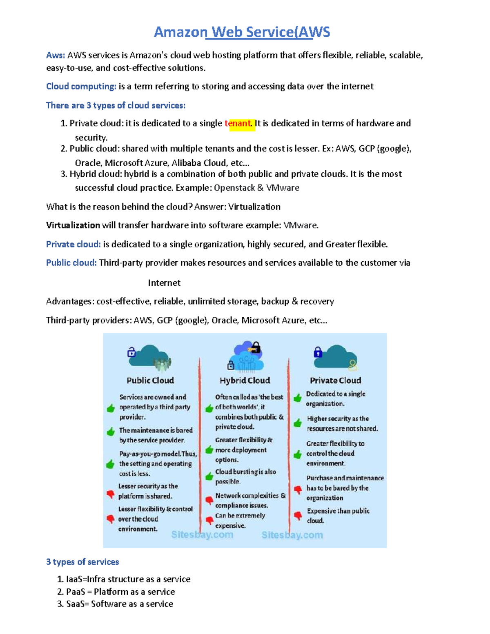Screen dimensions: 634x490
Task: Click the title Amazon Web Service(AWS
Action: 242,32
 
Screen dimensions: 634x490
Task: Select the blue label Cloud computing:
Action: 81,87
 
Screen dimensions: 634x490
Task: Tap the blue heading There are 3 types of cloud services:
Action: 116,105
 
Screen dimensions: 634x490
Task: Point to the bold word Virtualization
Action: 73,225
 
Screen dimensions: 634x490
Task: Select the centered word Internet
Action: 164,283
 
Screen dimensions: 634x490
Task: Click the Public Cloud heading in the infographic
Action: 150,380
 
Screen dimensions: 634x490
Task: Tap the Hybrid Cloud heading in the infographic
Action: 245,380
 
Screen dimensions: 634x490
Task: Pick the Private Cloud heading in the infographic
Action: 335,380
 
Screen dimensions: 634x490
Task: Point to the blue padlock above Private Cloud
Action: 318,352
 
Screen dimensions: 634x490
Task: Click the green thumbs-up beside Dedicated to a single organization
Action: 298,398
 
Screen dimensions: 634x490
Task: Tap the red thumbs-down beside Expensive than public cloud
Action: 298,516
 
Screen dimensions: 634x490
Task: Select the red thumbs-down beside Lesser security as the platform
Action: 110,494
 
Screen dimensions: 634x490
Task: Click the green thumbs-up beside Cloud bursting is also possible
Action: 209,476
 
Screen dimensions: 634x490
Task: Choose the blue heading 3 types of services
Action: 82,562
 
